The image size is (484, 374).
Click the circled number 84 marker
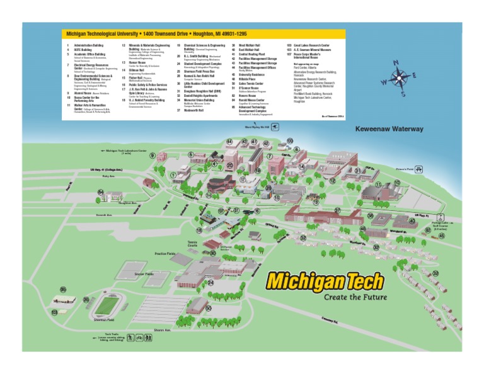(101, 191)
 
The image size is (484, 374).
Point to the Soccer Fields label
(144, 274)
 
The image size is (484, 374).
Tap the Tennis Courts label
(193, 244)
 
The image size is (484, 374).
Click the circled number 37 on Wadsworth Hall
(337, 210)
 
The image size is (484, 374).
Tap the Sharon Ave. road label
(163, 330)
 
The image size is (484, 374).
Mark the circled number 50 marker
(208, 307)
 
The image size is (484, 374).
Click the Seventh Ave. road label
(104, 215)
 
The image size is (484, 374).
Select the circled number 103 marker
(55, 312)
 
